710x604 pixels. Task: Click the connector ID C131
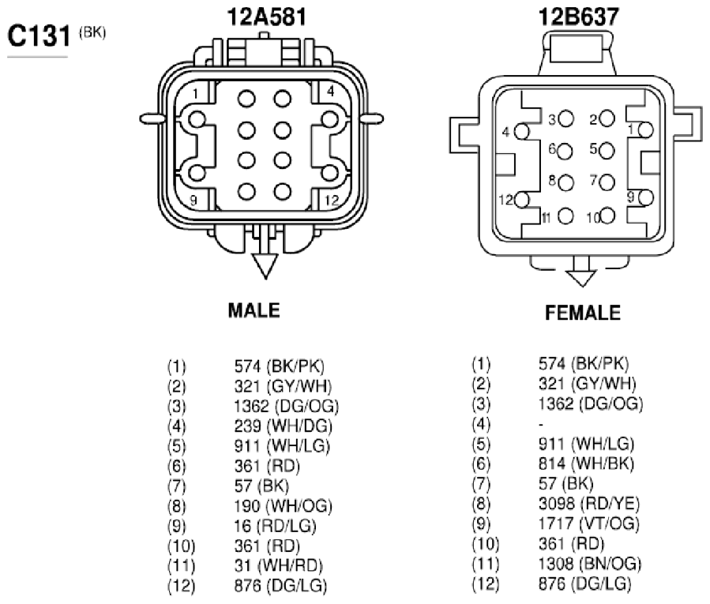[39, 36]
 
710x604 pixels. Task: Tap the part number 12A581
[267, 17]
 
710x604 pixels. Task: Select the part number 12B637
[578, 17]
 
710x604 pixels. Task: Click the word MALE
[254, 310]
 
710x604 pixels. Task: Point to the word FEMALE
[583, 313]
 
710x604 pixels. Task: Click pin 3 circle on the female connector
[566, 119]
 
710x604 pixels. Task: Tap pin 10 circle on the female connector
[607, 216]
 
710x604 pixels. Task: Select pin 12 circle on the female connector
[521, 200]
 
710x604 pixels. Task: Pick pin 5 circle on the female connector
[607, 151]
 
